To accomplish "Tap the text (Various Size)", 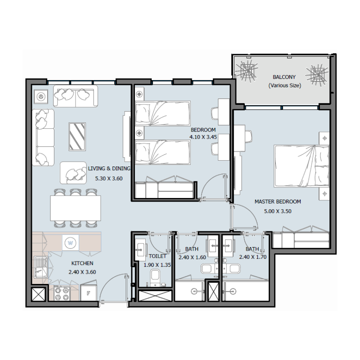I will click(284, 85).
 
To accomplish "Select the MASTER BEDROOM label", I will click(278, 202).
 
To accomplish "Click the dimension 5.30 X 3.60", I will click(109, 178).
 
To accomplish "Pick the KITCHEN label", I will click(82, 263).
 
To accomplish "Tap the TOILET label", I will click(157, 256).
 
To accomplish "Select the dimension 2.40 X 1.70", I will click(252, 257).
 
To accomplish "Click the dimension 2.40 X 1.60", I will click(192, 257).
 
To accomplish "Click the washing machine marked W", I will click(70, 243).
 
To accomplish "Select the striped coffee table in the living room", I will click(77, 136).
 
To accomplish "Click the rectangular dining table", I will click(75, 207).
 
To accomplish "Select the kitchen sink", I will click(42, 268).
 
